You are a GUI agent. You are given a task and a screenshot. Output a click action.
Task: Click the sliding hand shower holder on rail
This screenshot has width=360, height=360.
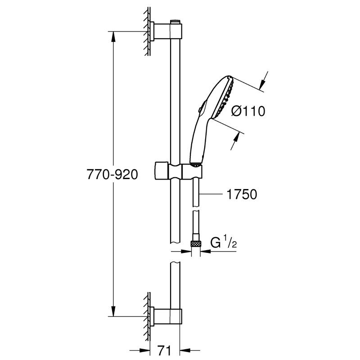[178, 171]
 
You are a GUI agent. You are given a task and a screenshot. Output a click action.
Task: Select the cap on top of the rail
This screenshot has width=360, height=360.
[175, 21]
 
